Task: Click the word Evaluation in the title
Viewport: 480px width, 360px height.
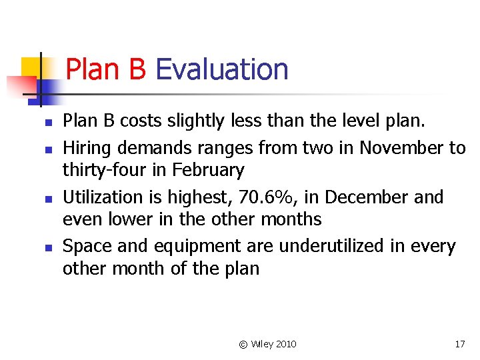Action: pos(221,69)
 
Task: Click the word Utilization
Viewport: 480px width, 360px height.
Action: pos(103,197)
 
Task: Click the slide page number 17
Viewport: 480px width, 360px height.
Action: pos(459,344)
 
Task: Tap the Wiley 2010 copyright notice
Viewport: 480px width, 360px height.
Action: pos(267,344)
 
